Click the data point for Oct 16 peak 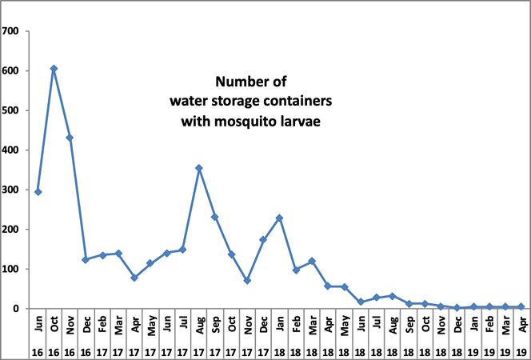[x=54, y=69]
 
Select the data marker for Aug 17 [x=199, y=168]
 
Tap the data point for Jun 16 [x=38, y=192]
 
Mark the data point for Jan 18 [x=280, y=218]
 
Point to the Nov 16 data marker [x=70, y=138]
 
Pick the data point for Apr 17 [x=134, y=278]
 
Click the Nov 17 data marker [x=247, y=281]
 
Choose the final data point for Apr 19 [x=521, y=306]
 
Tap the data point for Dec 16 [x=86, y=260]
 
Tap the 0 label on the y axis [x=20, y=309]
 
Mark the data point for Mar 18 [x=312, y=261]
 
